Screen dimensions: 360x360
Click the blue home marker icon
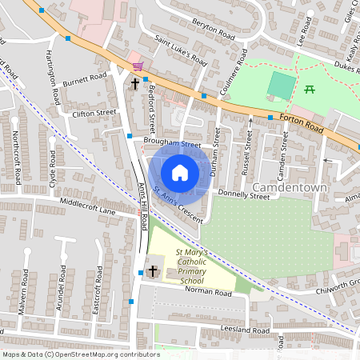pos(180,172)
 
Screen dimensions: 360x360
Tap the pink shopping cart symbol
pos(138,66)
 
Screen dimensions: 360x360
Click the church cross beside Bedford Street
pos(134,82)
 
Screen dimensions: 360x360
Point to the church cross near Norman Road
pos(153,272)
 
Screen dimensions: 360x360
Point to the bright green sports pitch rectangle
pos(280,85)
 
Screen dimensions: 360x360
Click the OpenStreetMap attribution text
pos(80,354)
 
